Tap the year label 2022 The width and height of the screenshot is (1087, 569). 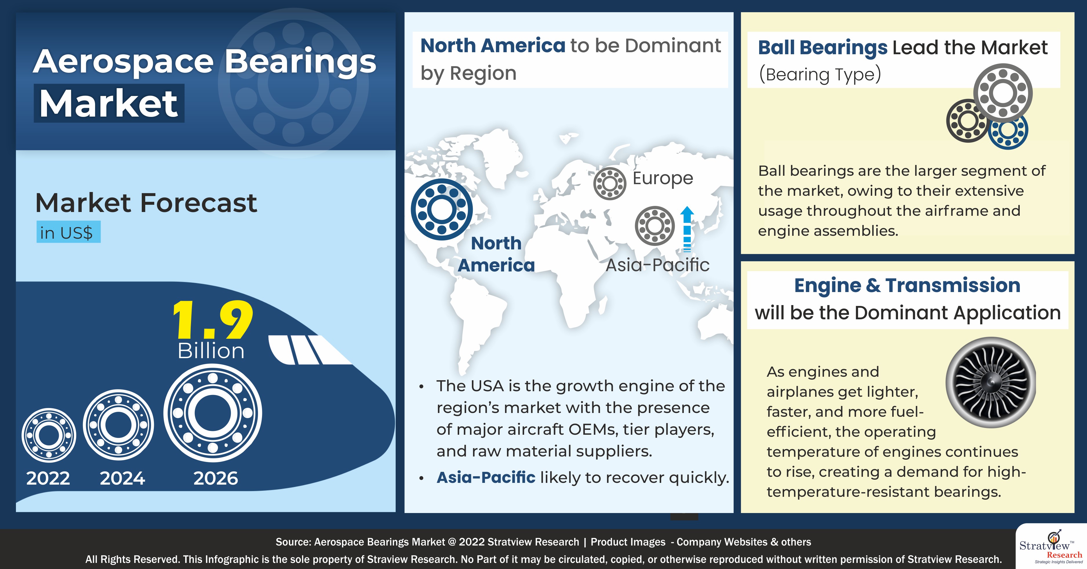click(x=48, y=478)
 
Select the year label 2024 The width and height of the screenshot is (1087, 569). click(x=122, y=478)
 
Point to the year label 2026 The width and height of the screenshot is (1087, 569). click(x=216, y=478)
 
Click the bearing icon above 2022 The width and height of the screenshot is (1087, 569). click(x=49, y=435)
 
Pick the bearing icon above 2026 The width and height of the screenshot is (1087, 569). click(x=213, y=413)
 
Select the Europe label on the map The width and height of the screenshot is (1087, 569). click(x=663, y=178)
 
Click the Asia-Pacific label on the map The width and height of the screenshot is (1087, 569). click(x=657, y=265)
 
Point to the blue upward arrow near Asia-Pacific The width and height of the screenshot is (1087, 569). click(x=687, y=228)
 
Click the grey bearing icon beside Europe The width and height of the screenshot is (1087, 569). click(x=609, y=184)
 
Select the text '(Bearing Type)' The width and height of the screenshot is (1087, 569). click(x=819, y=74)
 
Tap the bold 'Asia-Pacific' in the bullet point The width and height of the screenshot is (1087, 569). click(x=486, y=477)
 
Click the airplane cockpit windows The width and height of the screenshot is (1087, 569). click(x=308, y=349)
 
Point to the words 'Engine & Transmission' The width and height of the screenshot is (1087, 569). click(x=907, y=285)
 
